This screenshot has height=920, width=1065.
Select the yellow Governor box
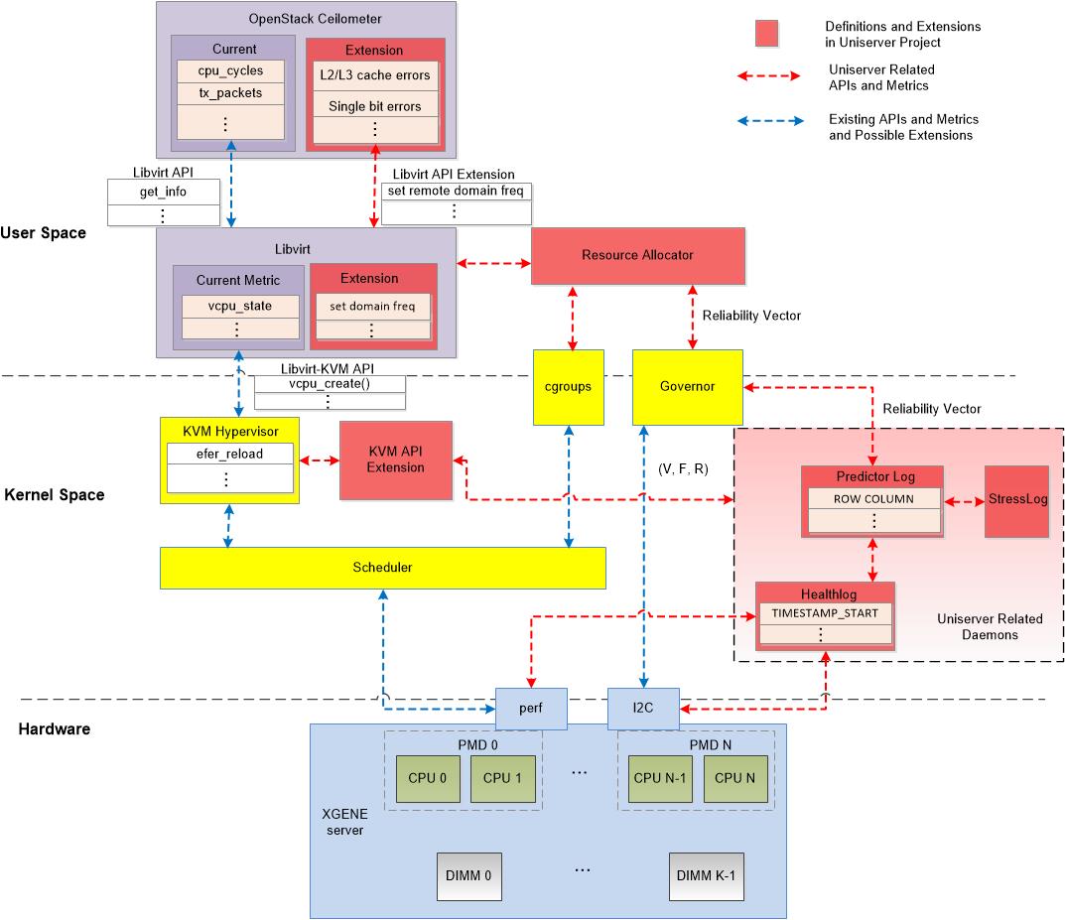click(x=688, y=387)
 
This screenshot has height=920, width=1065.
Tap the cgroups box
click(x=569, y=387)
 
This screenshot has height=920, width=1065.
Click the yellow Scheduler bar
click(x=382, y=568)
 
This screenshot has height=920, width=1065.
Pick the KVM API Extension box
click(x=395, y=460)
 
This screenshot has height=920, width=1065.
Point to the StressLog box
click(x=1016, y=500)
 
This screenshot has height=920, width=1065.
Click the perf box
click(x=531, y=709)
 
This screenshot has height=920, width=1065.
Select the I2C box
click(x=643, y=709)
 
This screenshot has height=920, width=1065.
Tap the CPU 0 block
click(x=422, y=778)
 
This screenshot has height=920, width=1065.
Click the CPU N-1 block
click(x=661, y=778)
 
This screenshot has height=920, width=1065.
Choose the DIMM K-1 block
click(x=706, y=876)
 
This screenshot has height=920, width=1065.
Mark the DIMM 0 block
click(x=470, y=876)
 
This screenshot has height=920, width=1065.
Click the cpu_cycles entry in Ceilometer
click(x=229, y=71)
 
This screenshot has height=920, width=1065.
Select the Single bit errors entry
click(x=375, y=106)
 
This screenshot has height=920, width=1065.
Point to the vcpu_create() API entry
click(x=330, y=384)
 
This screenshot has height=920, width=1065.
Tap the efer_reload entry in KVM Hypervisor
click(x=229, y=454)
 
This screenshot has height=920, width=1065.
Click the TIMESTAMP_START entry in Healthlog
click(x=825, y=612)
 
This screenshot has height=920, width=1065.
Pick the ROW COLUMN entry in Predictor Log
click(x=872, y=499)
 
